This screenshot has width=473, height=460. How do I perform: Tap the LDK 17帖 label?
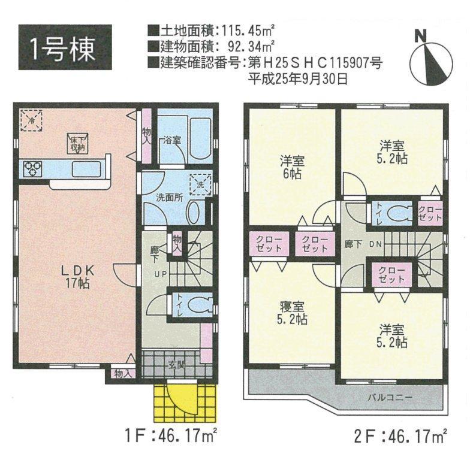tap(77, 277)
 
